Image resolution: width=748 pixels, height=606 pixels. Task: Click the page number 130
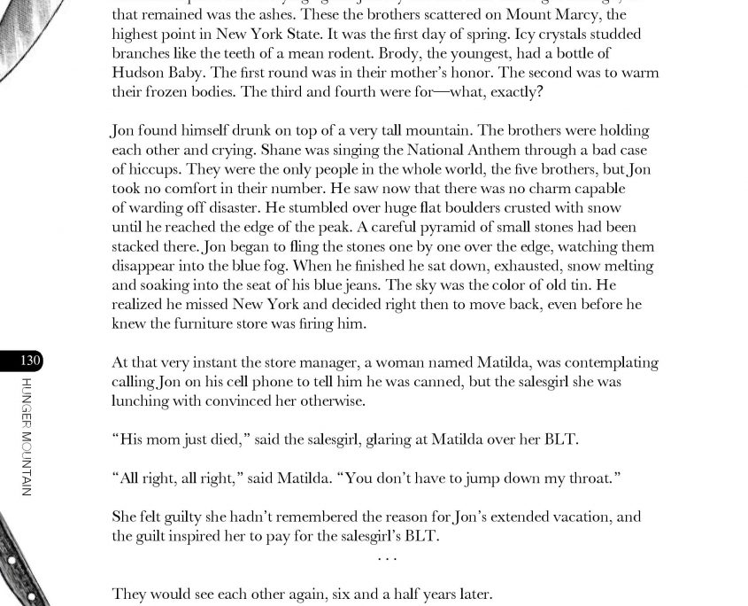tap(30, 361)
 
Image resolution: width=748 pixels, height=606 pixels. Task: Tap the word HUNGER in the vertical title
tap(27, 404)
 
